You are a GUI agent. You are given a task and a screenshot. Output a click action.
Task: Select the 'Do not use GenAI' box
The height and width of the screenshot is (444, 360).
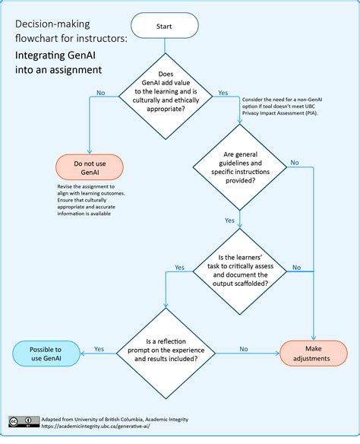(89, 166)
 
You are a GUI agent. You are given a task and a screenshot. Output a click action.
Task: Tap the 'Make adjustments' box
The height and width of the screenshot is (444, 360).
(314, 354)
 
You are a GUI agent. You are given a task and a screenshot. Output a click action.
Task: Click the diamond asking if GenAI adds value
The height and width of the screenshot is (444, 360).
(165, 94)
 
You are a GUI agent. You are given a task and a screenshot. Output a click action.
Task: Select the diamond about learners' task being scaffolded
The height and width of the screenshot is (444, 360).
(239, 267)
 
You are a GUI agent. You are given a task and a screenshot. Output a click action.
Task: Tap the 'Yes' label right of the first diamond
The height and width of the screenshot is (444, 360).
(223, 93)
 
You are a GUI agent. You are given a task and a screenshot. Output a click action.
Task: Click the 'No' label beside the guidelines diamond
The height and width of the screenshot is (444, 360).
(295, 163)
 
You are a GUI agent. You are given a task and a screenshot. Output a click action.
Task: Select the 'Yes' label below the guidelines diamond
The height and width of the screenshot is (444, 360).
(229, 220)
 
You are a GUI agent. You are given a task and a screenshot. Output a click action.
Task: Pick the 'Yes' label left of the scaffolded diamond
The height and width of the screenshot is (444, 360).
(179, 267)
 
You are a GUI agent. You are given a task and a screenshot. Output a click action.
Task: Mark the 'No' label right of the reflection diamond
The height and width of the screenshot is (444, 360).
(243, 349)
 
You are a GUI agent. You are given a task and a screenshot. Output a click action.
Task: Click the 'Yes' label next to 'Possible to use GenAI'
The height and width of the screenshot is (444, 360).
(99, 349)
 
